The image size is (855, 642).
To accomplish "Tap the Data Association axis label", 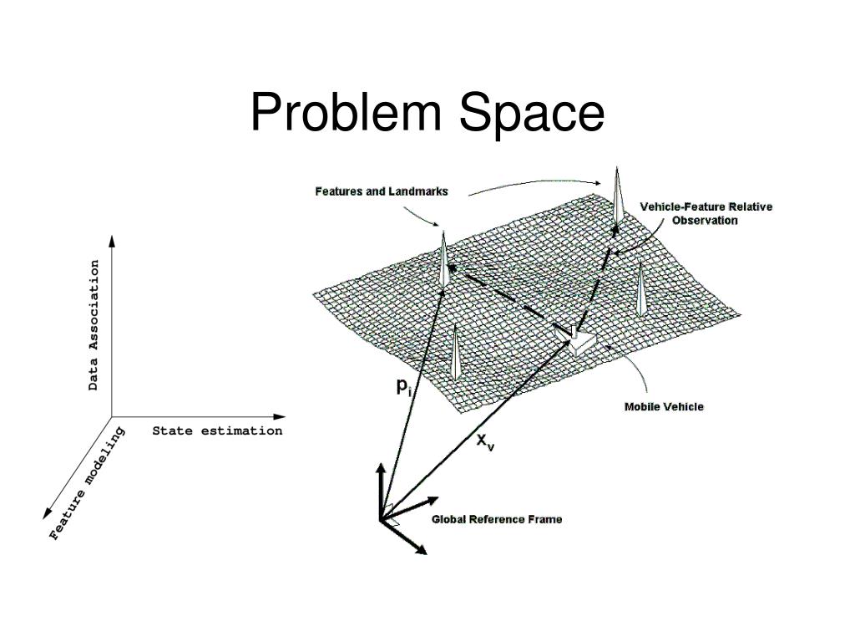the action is (x=94, y=325).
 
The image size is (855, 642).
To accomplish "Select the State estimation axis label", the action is (x=217, y=431).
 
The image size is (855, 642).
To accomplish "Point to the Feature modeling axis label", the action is (x=87, y=484).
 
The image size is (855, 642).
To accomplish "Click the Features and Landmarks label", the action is (x=381, y=191).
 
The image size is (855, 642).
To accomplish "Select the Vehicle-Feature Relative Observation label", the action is (x=706, y=213).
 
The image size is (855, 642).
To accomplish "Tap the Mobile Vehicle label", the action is (x=664, y=407).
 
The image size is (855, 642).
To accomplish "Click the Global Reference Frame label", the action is (x=496, y=519).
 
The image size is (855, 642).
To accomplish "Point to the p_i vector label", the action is (x=403, y=386).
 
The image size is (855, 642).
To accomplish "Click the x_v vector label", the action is (x=485, y=441).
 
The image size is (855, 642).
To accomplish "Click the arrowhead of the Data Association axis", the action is (x=112, y=242).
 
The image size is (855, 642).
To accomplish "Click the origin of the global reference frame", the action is (x=382, y=518).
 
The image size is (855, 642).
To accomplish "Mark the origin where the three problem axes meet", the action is (x=112, y=416).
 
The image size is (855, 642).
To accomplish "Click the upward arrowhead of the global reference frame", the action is (x=381, y=468).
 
